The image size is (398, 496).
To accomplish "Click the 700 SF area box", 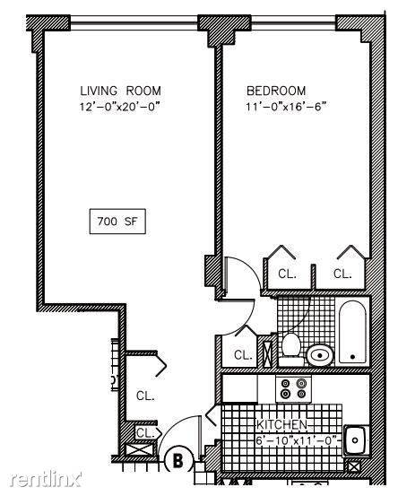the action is [117, 222].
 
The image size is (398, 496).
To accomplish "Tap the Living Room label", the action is [120, 91].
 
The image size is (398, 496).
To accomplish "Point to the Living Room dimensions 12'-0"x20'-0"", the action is [118, 107].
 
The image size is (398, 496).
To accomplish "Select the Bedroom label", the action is [276, 91].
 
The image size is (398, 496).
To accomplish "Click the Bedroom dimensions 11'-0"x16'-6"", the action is [286, 107].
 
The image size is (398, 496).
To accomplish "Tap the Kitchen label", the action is [281, 425].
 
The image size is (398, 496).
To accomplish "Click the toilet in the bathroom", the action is [290, 350].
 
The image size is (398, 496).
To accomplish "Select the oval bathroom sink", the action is [320, 355].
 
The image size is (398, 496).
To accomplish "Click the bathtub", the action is [353, 332].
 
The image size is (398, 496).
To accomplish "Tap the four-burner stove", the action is [293, 389].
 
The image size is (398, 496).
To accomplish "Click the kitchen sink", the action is [356, 440].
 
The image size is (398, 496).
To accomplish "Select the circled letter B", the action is [178, 461].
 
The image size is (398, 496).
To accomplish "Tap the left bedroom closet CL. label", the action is [287, 274].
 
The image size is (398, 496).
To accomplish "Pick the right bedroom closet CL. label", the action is [342, 274].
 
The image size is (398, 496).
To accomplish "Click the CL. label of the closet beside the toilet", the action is [243, 355].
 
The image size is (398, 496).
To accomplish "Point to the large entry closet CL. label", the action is [145, 396].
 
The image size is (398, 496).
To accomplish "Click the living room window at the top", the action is [134, 22].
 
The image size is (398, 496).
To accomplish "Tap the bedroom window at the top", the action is [294, 22].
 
